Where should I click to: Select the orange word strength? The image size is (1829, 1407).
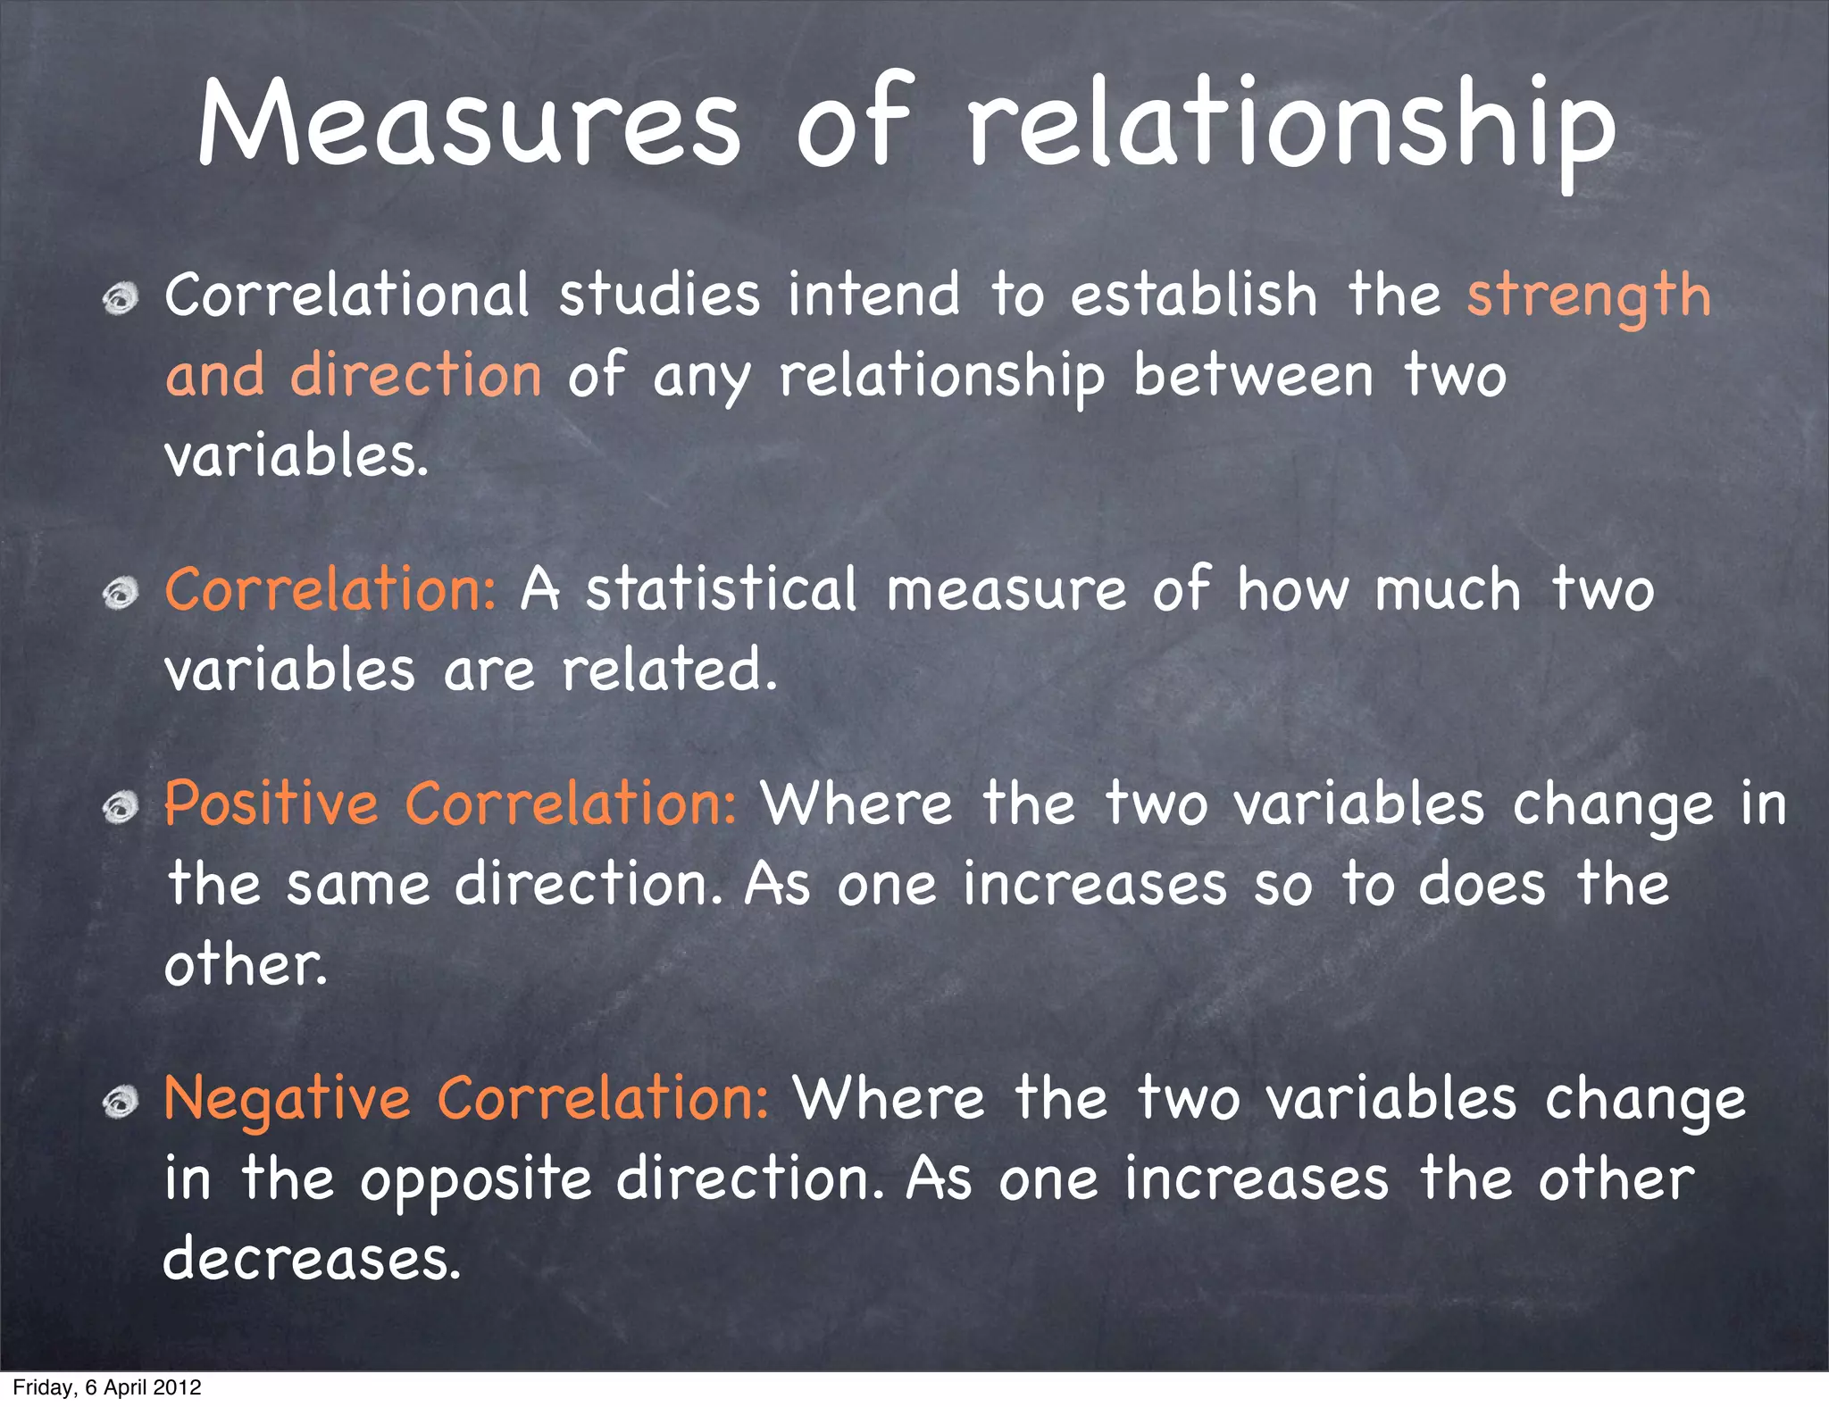tap(1588, 296)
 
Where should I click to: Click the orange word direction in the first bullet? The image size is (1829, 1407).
tap(415, 375)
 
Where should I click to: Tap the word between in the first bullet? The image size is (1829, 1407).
tap(1253, 375)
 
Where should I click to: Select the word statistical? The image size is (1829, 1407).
tap(721, 590)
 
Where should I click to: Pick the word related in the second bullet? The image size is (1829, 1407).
tap(668, 670)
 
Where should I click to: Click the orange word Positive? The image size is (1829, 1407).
tap(271, 803)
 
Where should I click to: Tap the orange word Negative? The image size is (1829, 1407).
tap(287, 1098)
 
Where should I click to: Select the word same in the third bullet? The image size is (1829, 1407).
tap(358, 885)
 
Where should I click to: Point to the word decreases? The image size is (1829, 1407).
tap(311, 1259)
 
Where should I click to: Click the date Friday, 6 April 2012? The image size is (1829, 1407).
tap(107, 1387)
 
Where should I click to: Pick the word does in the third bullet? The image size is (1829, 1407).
tap(1482, 885)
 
